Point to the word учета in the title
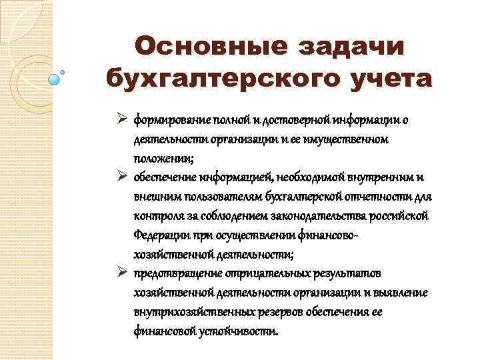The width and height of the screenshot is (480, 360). pos(393,79)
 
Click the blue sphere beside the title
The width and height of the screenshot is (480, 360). pos(55,78)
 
